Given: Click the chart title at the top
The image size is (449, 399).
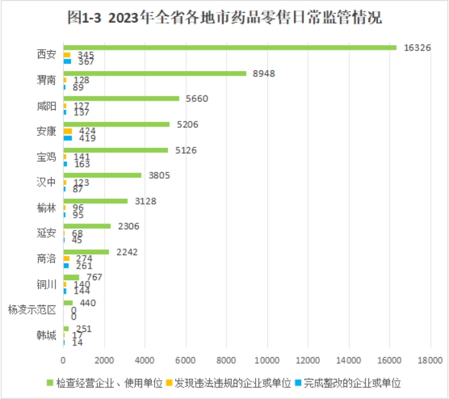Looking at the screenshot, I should click(x=224, y=17).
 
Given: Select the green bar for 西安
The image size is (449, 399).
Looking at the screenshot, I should click(x=229, y=47).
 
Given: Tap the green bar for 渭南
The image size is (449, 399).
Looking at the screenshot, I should click(x=155, y=73).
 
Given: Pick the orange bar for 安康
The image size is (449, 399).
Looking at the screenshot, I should click(x=68, y=131).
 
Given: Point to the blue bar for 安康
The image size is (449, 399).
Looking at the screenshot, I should click(x=68, y=138).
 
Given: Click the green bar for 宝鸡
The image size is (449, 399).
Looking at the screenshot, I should click(x=116, y=150).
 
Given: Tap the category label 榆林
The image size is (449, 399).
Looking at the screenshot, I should click(x=47, y=208).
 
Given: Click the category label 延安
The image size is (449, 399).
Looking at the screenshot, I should click(x=47, y=233).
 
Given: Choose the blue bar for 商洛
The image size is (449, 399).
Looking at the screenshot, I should click(x=66, y=265).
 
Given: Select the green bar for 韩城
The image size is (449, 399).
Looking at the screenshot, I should click(x=66, y=329).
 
